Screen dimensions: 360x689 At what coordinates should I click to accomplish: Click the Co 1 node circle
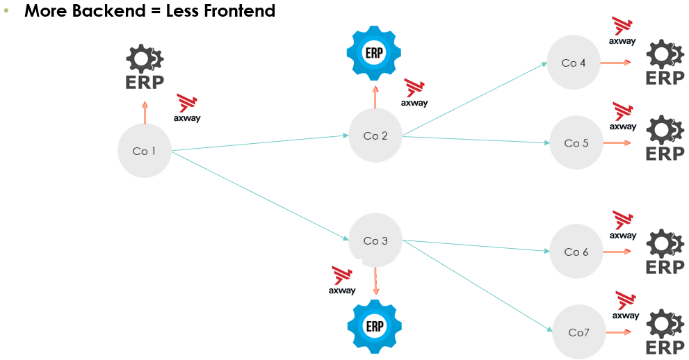pyautogui.click(x=144, y=151)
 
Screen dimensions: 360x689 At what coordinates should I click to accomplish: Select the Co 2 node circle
pyautogui.click(x=375, y=136)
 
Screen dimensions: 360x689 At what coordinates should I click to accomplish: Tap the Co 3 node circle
pyautogui.click(x=375, y=240)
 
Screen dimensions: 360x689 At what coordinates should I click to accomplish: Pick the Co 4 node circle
pyautogui.click(x=574, y=63)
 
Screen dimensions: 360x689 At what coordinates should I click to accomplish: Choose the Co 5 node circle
pyautogui.click(x=576, y=143)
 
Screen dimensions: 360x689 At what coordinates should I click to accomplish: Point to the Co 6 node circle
pyautogui.click(x=576, y=252)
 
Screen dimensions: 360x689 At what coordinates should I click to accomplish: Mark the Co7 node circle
pyautogui.click(x=579, y=332)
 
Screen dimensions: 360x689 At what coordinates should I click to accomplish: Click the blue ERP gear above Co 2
pyautogui.click(x=375, y=53)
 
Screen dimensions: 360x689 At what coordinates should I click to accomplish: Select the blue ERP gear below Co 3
pyautogui.click(x=375, y=325)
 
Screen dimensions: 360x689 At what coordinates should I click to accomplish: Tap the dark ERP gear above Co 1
pyautogui.click(x=145, y=68)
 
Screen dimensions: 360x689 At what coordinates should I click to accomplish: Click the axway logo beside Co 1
pyautogui.click(x=187, y=108)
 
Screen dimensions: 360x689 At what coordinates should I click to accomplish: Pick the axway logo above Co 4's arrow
pyautogui.click(x=622, y=31)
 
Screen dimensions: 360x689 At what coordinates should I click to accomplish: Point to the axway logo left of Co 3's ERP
pyautogui.click(x=342, y=280)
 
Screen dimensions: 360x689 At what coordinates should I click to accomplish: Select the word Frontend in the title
pyautogui.click(x=235, y=11)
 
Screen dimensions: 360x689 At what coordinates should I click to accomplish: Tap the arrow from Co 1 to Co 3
pyautogui.click(x=260, y=196)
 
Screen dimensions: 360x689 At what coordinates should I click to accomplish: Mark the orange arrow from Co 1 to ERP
pyautogui.click(x=145, y=113)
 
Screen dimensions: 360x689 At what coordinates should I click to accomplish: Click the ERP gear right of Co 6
pyautogui.click(x=665, y=252)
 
